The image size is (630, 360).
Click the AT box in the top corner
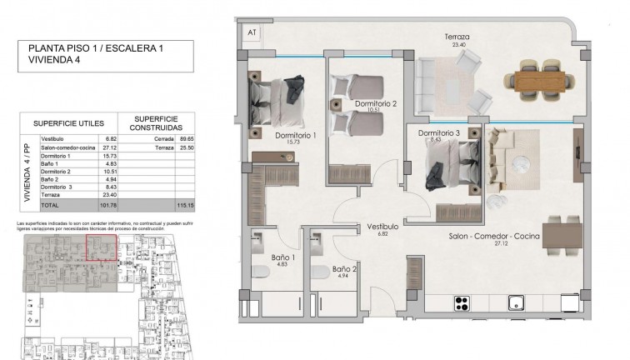point(250,32)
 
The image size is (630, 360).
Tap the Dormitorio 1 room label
point(297,135)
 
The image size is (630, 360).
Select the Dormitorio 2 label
point(375,104)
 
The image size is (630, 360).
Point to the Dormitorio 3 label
point(439,133)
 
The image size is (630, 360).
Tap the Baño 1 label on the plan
point(282,258)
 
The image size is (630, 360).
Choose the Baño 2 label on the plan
point(345,269)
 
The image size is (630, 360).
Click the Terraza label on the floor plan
point(457,37)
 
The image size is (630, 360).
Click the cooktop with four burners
point(463,302)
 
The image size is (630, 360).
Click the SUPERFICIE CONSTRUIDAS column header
point(157,123)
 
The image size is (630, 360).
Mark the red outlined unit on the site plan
point(102,248)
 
